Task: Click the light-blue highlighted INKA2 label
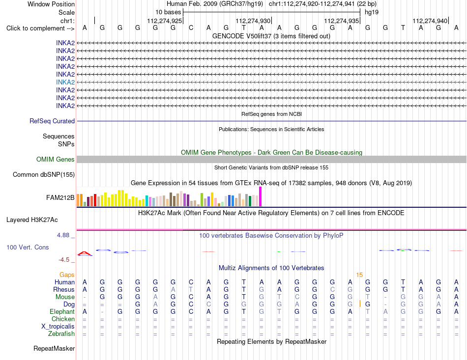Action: pyautogui.click(x=65, y=82)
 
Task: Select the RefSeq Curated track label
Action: pyautogui.click(x=52, y=121)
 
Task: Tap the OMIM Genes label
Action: pyautogui.click(x=56, y=159)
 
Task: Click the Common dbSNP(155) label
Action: pyautogui.click(x=44, y=175)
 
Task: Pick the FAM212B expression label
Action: pyautogui.click(x=60, y=197)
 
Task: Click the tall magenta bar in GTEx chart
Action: pyautogui.click(x=261, y=196)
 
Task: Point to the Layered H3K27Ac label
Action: pyautogui.click(x=32, y=220)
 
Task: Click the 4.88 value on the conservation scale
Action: pyautogui.click(x=63, y=235)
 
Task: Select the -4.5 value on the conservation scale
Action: pyautogui.click(x=64, y=260)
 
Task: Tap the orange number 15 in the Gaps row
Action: pyautogui.click(x=359, y=275)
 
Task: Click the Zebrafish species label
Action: pyautogui.click(x=61, y=334)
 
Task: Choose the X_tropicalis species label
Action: pyautogui.click(x=58, y=327)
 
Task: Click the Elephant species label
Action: pyautogui.click(x=62, y=311)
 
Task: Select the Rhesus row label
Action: pyautogui.click(x=64, y=289)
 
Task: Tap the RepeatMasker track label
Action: pyautogui.click(x=54, y=348)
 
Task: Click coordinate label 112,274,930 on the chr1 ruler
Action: pyautogui.click(x=253, y=21)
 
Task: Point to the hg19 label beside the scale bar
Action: pyautogui.click(x=372, y=12)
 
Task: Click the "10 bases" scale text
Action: pyautogui.click(x=168, y=12)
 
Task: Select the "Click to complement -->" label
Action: pyautogui.click(x=40, y=28)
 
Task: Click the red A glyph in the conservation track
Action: pyautogui.click(x=85, y=253)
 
